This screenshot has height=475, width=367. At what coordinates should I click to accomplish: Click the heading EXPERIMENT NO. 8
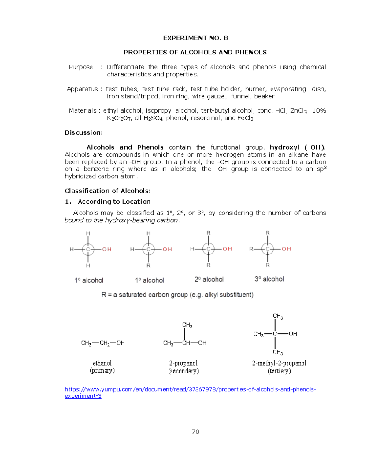pyautogui.click(x=195, y=38)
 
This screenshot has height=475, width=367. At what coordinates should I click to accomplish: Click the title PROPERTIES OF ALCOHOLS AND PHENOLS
pyautogui.click(x=195, y=52)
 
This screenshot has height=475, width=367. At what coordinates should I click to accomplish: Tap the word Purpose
pyautogui.click(x=81, y=67)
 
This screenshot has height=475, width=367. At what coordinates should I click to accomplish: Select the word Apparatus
pyautogui.click(x=82, y=89)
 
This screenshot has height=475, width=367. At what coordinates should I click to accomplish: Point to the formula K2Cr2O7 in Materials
pyautogui.click(x=119, y=118)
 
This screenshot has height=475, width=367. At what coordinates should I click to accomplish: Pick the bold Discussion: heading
pyautogui.click(x=83, y=132)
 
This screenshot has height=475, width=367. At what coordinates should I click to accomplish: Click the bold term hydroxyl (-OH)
pyautogui.click(x=297, y=147)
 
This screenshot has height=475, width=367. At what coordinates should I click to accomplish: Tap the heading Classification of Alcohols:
pyautogui.click(x=108, y=191)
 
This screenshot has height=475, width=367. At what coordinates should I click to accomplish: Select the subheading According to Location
pyautogui.click(x=114, y=202)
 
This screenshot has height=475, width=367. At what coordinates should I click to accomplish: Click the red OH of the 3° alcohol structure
pyautogui.click(x=286, y=249)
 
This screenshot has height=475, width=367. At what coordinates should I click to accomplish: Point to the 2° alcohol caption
pyautogui.click(x=209, y=279)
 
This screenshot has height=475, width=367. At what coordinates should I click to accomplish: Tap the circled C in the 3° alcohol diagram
pyautogui.click(x=268, y=249)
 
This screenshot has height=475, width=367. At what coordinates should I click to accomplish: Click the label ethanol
pyautogui.click(x=102, y=363)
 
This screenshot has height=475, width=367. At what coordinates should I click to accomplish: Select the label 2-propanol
pyautogui.click(x=183, y=363)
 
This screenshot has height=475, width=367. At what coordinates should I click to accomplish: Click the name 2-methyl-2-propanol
pyautogui.click(x=279, y=363)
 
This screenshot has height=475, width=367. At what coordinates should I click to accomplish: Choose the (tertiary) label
pyautogui.click(x=279, y=371)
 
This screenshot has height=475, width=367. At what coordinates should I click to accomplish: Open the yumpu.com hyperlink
pyautogui.click(x=190, y=389)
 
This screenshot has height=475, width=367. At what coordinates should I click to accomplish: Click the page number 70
pyautogui.click(x=195, y=432)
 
